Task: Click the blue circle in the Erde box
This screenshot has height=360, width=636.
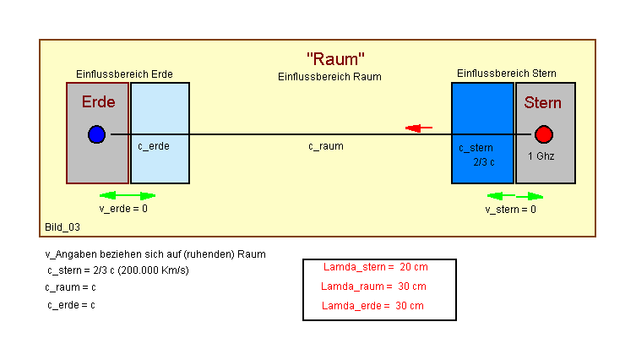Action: click(96, 134)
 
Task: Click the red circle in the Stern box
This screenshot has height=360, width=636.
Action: click(544, 134)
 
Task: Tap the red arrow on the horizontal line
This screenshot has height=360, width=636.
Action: click(419, 128)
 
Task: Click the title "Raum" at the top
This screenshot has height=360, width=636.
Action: click(335, 59)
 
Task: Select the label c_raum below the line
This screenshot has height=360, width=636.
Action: click(326, 146)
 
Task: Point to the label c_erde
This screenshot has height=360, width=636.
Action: click(154, 146)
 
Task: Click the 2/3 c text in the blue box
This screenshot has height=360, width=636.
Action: click(483, 161)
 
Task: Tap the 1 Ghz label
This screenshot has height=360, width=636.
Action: click(541, 156)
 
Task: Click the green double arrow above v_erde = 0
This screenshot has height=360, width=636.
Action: click(128, 195)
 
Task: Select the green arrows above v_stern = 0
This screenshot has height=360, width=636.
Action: click(515, 196)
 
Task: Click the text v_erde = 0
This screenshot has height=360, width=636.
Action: click(123, 208)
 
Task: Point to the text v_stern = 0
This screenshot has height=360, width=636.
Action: click(510, 209)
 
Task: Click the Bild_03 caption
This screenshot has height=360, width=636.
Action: click(63, 227)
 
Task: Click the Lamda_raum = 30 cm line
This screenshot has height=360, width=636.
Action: click(374, 286)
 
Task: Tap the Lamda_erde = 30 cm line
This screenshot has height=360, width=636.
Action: click(373, 306)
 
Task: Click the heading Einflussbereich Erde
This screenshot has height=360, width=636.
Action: click(124, 74)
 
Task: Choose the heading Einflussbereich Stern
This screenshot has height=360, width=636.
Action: click(507, 74)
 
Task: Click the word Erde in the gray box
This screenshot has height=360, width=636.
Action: click(98, 102)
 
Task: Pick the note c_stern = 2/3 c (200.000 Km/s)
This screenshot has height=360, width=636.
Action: click(118, 270)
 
